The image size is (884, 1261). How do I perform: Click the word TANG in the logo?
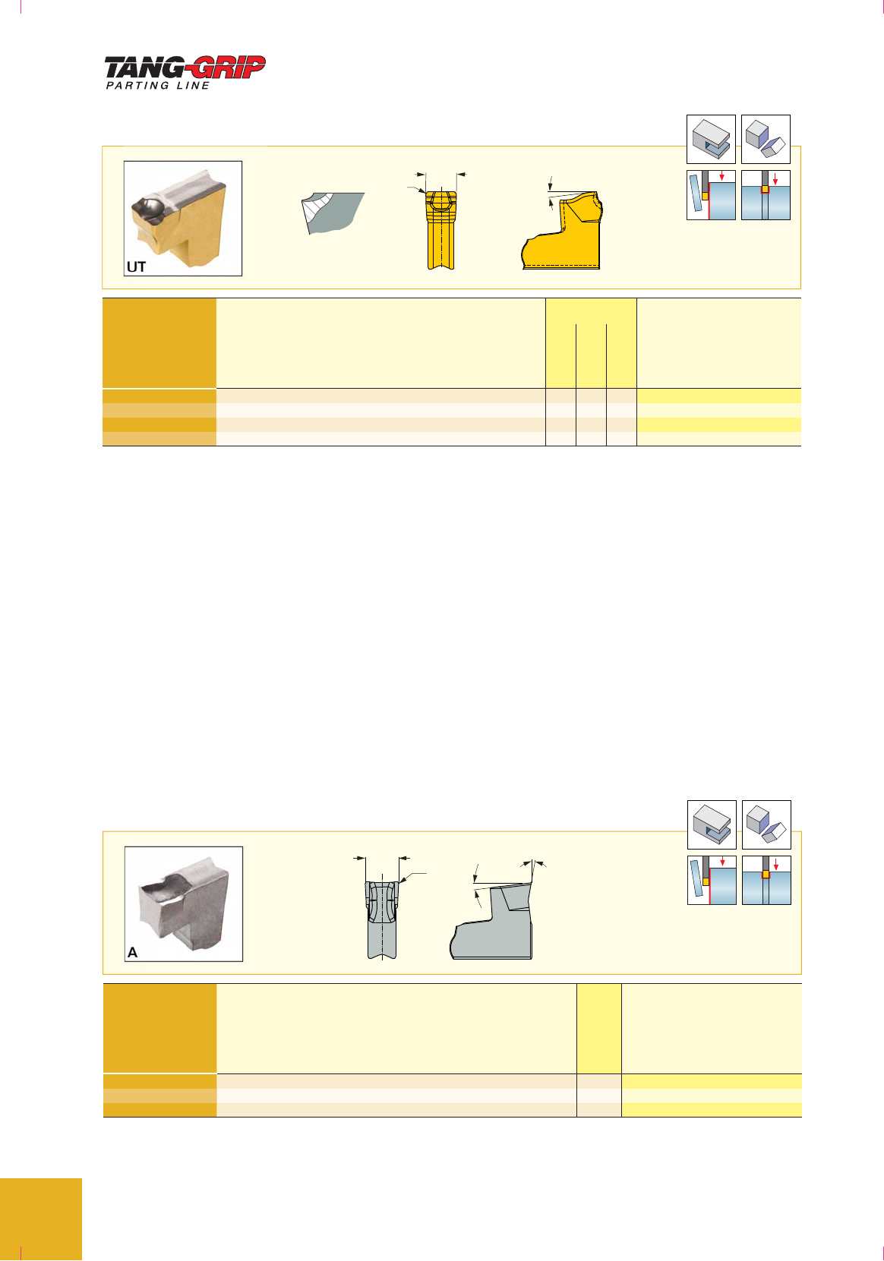coord(144,68)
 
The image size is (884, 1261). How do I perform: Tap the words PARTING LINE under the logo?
coord(158,86)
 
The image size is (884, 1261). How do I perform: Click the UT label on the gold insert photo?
coord(136,266)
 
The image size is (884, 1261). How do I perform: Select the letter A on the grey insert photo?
coord(132,952)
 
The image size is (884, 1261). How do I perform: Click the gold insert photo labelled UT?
coord(183,219)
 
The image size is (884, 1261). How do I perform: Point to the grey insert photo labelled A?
coord(184,903)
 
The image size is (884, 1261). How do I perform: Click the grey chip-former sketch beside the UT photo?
coord(333,213)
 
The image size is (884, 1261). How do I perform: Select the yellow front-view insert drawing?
coord(441,230)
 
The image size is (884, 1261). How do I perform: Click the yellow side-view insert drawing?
coord(563,231)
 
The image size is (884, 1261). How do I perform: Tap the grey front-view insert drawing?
coord(382,919)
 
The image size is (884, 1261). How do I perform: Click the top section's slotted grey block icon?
coord(711,139)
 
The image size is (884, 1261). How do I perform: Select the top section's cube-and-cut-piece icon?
coord(766,139)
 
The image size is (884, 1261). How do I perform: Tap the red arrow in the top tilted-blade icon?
coord(721,175)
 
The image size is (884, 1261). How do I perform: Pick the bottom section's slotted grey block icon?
coord(712,824)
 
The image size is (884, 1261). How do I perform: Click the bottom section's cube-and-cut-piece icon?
coord(766,824)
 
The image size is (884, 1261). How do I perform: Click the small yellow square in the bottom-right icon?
coord(766,875)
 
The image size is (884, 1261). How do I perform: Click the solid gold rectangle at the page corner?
coord(40,1218)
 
